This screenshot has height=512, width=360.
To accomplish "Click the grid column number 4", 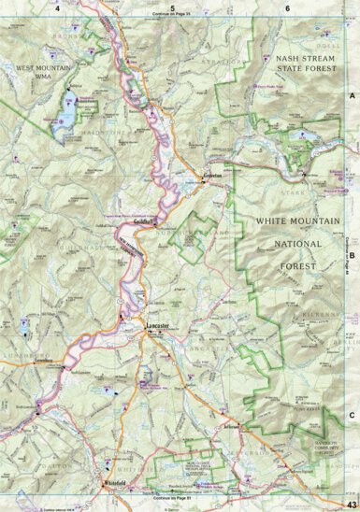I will pyautogui.click(x=58, y=7).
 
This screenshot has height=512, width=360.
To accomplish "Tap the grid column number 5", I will pyautogui.click(x=172, y=7).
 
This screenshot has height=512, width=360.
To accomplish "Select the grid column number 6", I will pyautogui.click(x=287, y=7).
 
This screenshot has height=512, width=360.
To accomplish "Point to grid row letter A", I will pyautogui.click(x=352, y=96).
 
